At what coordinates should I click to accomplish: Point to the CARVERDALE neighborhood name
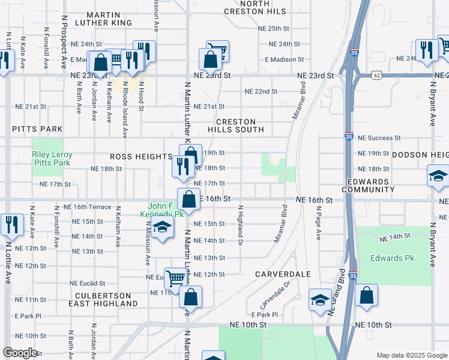282,274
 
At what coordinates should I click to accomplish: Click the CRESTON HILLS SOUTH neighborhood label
236,125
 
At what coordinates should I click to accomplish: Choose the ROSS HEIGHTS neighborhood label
141,157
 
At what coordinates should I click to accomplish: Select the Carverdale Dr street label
275,294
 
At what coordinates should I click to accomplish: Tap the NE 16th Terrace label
91,206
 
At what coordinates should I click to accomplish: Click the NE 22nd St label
261,91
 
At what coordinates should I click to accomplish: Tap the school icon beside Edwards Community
438,176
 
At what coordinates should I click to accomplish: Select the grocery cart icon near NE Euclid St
175,277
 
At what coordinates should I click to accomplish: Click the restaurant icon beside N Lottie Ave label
12,225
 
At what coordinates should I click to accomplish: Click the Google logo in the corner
20,353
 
